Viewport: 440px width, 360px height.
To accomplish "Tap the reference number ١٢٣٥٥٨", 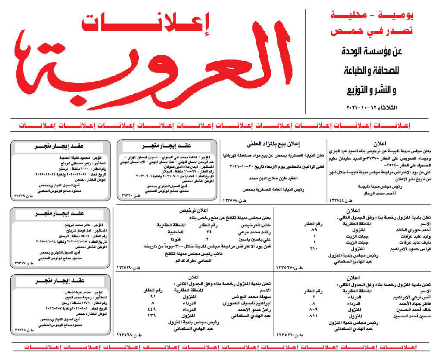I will click(233, 200).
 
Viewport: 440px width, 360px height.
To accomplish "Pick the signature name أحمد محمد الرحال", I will click(372, 194).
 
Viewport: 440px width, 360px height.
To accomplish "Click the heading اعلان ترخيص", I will click(196, 211).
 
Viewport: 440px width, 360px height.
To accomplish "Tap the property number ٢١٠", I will click(314, 249).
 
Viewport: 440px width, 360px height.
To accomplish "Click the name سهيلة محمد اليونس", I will click(245, 297).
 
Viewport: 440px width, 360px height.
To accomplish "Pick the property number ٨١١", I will click(314, 316).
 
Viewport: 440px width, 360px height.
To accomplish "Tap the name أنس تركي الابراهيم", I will click(412, 297).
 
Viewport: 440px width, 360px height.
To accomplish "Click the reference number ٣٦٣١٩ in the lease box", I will click(22, 197).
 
